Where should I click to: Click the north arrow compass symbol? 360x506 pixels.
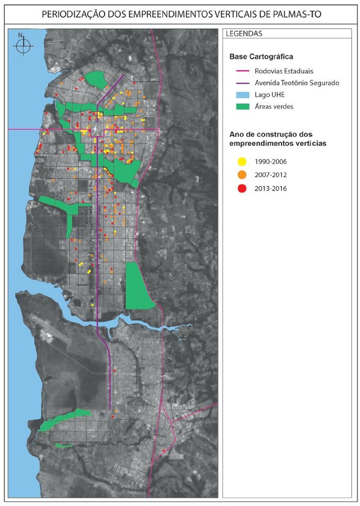point(21,45)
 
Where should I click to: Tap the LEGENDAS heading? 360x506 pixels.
point(244,34)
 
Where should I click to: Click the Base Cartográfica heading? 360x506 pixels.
point(261,56)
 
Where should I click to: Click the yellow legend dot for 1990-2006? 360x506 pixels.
point(242,162)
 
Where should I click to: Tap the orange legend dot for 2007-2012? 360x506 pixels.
point(242,175)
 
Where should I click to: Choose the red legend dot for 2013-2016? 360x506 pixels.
point(242,188)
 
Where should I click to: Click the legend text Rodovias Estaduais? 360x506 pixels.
point(284,71)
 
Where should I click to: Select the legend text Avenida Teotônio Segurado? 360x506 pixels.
point(297,83)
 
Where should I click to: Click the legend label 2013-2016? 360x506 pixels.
point(271,188)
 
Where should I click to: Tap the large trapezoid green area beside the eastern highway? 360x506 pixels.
point(137,287)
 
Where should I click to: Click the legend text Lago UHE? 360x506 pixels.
point(270,95)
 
